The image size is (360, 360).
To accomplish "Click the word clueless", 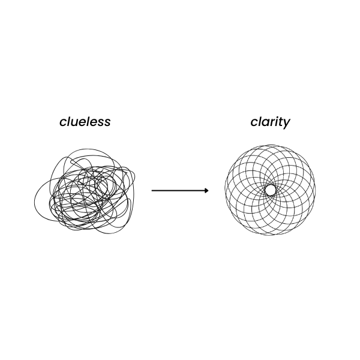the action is pyautogui.click(x=85, y=122).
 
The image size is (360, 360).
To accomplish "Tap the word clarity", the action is pyautogui.click(x=270, y=123).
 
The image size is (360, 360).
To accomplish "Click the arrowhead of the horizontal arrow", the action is pyautogui.click(x=206, y=191).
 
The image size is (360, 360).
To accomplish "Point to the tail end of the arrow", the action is pyautogui.click(x=152, y=191).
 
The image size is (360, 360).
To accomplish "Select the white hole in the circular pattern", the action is pyautogui.click(x=270, y=190).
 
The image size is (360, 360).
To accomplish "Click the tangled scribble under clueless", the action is pyautogui.click(x=85, y=191).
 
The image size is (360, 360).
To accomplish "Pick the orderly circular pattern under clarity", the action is pyautogui.click(x=270, y=190).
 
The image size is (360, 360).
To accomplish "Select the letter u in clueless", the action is pyautogui.click(x=76, y=123).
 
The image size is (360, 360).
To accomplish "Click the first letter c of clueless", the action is pyautogui.click(x=63, y=123).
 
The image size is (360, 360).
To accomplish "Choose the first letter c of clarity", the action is pyautogui.click(x=254, y=123).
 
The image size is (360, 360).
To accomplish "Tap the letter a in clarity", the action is pyautogui.click(x=264, y=123).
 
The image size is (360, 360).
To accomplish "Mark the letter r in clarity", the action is pyautogui.click(x=271, y=123).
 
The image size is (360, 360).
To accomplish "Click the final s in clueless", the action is pyautogui.click(x=107, y=123).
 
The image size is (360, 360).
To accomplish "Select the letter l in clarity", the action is pyautogui.click(x=260, y=122).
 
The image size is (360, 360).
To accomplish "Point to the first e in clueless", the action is pyautogui.click(x=84, y=123).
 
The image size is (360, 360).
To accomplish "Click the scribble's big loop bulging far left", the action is pyautogui.click(x=35, y=202).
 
